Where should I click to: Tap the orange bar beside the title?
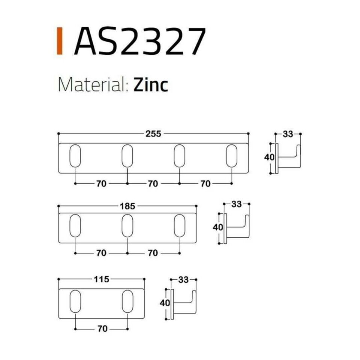click(x=59, y=41)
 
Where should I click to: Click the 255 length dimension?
click(x=153, y=133)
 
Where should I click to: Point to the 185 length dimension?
click(x=127, y=206)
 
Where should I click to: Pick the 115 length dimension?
click(x=102, y=279)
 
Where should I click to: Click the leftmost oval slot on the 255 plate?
click(x=75, y=155)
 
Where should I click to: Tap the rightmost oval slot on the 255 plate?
click(x=231, y=155)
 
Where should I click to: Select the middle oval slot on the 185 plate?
click(x=127, y=226)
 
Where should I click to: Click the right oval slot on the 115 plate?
click(x=127, y=301)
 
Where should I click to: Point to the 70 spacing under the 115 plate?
click(x=102, y=329)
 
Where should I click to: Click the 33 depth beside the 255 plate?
click(x=288, y=134)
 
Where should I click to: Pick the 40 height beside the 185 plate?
click(x=218, y=227)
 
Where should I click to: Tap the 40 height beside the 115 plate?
click(x=165, y=303)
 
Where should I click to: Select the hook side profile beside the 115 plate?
click(x=184, y=304)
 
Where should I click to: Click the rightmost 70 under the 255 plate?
click(x=205, y=183)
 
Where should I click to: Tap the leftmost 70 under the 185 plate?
click(x=101, y=253)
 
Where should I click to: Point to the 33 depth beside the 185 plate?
click(x=236, y=204)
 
